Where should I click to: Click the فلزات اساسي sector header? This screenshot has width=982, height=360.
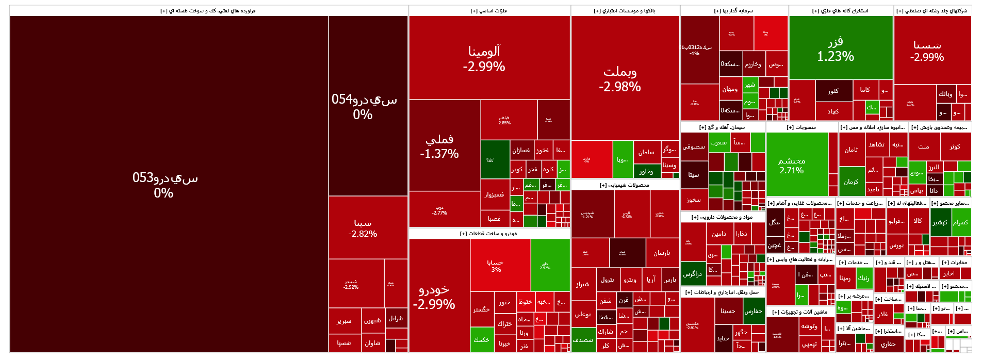coord(489,11)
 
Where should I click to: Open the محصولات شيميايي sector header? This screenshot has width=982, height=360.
coord(625,185)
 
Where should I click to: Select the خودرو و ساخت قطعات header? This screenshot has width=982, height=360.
coord(489,233)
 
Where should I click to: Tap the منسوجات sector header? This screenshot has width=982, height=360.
coord(801,127)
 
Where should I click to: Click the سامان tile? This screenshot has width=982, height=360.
coord(646,152)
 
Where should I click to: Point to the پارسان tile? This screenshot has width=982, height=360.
coord(662,253)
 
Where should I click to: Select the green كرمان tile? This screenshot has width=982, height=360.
coord(851,182)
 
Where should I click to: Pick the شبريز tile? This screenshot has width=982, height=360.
coord(344,321)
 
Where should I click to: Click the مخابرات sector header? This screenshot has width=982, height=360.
coord(954,262)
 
